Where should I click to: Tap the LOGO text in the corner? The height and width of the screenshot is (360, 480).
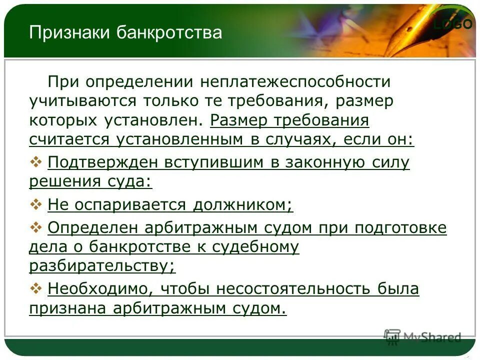[x=452, y=24]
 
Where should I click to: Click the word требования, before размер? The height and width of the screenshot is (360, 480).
[x=272, y=101]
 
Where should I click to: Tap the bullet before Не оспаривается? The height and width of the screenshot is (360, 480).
[x=37, y=204]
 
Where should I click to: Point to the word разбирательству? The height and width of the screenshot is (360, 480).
[x=102, y=266]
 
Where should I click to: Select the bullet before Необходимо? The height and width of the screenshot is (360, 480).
[x=37, y=288]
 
